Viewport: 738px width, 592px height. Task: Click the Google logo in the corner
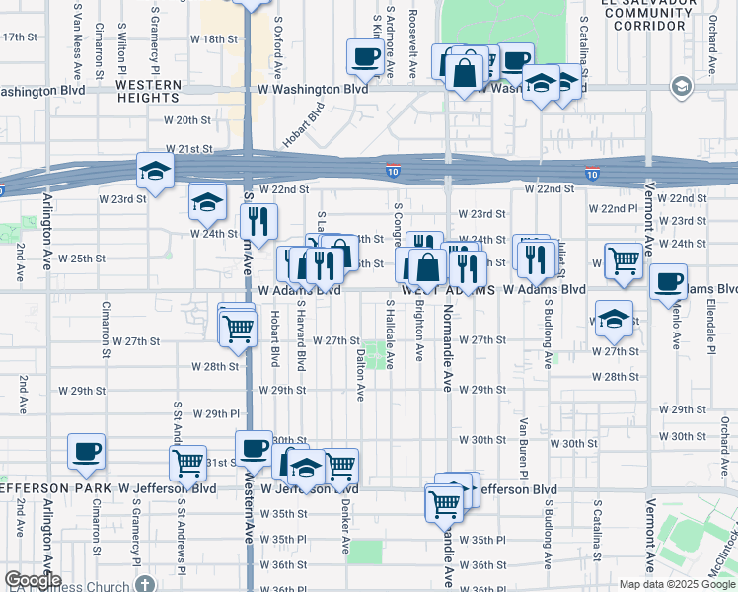point(32,580)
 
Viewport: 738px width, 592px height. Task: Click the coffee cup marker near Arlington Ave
point(86,452)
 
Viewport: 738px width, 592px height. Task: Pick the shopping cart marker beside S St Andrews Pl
point(186,462)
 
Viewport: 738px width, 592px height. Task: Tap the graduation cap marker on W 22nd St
point(155,171)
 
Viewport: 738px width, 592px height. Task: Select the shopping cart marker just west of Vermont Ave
point(624,261)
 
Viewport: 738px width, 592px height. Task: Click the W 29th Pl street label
point(216,413)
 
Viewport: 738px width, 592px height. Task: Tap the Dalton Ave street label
point(361,374)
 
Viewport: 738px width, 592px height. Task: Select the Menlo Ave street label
point(676,326)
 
